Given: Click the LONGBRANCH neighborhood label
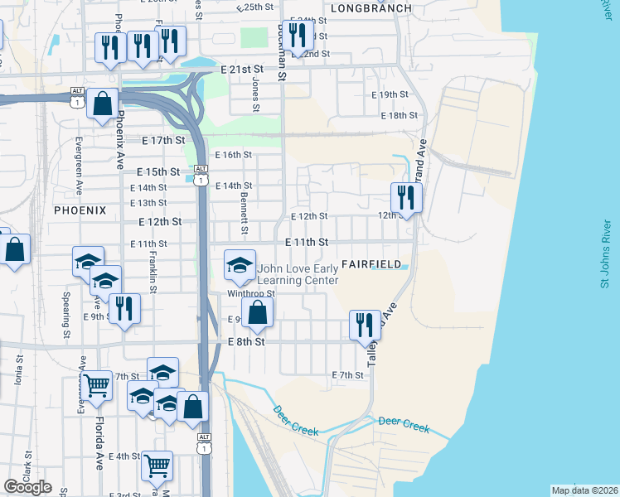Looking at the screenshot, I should [x=371, y=8].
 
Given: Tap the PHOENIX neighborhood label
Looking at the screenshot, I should [x=80, y=210].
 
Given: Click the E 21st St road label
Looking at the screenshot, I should [x=242, y=70].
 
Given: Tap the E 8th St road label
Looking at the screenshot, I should [x=246, y=341].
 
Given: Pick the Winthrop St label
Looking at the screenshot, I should [x=250, y=293].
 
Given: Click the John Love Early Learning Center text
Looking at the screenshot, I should [x=298, y=274].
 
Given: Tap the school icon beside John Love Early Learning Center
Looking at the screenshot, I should [x=240, y=266].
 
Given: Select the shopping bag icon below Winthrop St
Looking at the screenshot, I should [x=259, y=312].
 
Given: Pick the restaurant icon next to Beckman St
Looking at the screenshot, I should [x=298, y=35].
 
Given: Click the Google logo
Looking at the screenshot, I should [x=27, y=487].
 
